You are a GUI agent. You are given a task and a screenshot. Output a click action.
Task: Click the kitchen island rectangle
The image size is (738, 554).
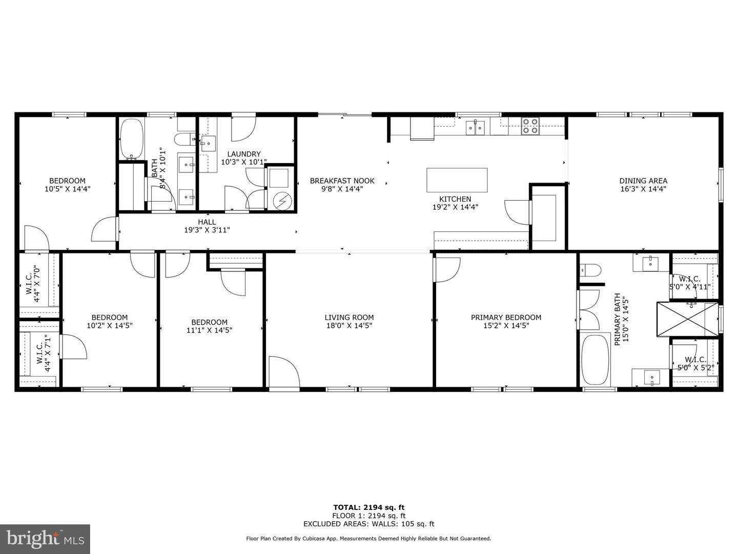457,180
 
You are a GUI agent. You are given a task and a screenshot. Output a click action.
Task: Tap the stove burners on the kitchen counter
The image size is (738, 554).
530,126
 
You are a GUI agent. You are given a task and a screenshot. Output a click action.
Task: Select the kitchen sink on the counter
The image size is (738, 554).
475,127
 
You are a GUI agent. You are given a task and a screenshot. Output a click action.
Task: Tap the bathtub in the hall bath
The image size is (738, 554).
131,138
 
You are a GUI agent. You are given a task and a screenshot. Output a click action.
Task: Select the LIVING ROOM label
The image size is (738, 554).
349,318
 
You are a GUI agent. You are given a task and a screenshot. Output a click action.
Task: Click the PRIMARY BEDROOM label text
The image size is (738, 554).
506,318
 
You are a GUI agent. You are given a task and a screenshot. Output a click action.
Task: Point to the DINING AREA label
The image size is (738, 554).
643,181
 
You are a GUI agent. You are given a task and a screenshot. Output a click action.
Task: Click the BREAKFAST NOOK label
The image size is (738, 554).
342,181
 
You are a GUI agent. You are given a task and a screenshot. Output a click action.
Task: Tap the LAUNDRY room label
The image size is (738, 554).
244,154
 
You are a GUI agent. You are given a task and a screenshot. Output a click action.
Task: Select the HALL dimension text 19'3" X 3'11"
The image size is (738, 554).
207,230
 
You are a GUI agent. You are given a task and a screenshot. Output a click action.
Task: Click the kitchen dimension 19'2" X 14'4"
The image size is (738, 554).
455,207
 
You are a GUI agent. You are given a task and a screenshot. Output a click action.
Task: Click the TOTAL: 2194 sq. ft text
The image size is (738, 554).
369,507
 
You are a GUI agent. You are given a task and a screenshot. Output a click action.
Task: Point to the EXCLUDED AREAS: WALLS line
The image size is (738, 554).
369,524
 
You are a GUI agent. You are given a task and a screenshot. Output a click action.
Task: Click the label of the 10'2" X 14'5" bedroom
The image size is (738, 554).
110,318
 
